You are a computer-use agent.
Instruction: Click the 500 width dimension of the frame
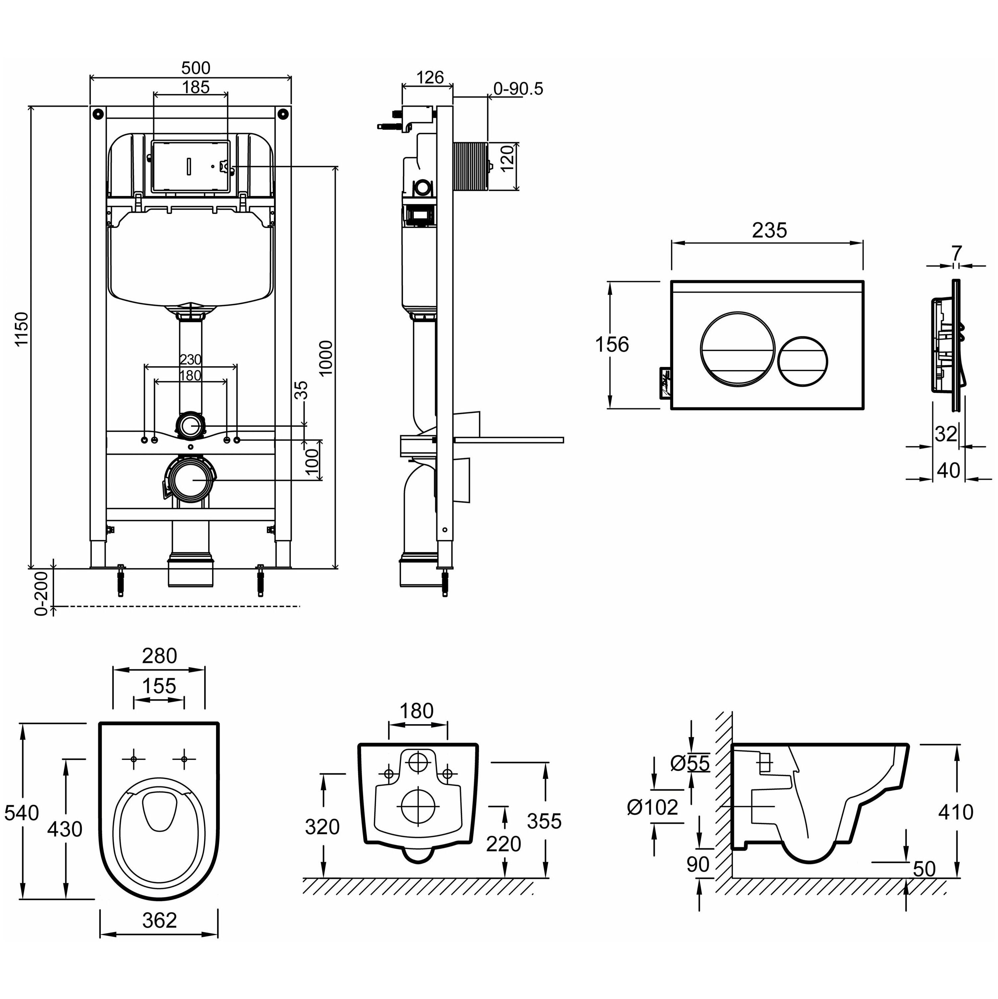[x=196, y=68]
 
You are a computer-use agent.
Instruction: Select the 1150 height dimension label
[x=21, y=329]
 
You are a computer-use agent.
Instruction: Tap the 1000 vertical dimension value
[x=326, y=358]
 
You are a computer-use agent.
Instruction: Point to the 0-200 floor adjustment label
[x=41, y=593]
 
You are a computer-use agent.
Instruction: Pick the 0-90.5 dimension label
[x=518, y=89]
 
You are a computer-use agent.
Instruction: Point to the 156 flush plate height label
[x=612, y=344]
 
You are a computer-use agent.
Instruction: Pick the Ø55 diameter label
[x=690, y=763]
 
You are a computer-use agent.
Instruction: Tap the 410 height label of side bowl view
[x=956, y=812]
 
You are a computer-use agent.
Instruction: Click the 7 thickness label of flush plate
[x=956, y=253]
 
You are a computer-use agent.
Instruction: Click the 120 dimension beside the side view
[x=508, y=159]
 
